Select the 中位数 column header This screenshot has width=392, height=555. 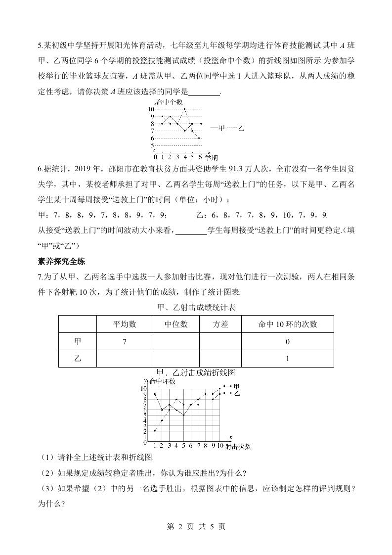[175, 324]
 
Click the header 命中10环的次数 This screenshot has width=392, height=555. [287, 324]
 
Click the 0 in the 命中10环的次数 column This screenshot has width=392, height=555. [287, 342]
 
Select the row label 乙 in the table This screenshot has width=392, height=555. [78, 359]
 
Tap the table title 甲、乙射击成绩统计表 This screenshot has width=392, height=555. [196, 307]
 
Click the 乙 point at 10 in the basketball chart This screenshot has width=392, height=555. [184, 109]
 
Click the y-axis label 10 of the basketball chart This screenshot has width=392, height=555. [151, 109]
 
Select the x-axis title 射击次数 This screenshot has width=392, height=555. [238, 446]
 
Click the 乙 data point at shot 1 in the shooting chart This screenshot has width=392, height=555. [155, 431]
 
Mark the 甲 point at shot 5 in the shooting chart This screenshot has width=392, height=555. [183, 415]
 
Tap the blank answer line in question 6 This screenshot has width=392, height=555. [191, 230]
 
